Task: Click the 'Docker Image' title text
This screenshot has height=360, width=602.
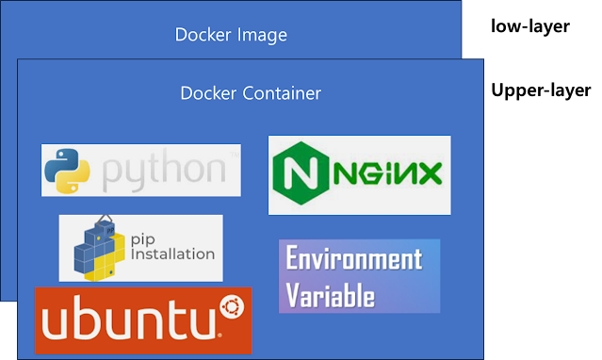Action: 231,35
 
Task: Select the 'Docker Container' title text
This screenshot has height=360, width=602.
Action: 251,93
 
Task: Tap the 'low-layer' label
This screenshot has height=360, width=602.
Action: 530,26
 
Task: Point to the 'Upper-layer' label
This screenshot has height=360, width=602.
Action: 541,90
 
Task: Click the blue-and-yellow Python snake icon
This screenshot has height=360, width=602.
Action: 67,171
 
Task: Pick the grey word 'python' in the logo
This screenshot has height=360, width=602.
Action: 164,172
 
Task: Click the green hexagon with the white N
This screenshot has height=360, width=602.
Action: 301,172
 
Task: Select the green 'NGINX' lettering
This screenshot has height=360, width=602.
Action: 388,173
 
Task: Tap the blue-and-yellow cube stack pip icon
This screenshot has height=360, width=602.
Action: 99,249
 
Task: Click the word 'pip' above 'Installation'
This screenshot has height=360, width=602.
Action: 143,239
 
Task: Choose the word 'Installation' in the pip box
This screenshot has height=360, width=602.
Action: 172,254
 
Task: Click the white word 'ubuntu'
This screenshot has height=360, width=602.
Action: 129,319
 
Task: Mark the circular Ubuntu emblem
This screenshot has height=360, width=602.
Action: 232,307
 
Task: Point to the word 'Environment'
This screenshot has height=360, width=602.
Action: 354,258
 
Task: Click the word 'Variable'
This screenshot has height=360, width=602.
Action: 330,295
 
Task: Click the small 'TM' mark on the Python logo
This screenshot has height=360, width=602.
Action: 235,155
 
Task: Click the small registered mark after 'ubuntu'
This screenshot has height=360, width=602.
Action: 220,335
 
